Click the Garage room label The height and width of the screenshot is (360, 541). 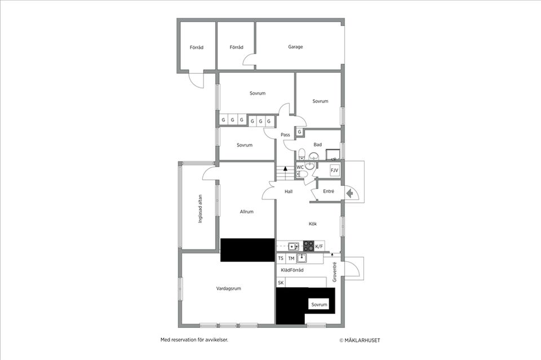[295, 47]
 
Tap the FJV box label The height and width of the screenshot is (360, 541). [334, 170]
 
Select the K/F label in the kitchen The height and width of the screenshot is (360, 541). [319, 246]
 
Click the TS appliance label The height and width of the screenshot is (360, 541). [281, 259]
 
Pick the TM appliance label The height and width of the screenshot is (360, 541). [291, 259]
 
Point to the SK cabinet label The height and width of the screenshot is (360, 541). [281, 283]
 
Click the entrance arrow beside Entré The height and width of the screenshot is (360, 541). [349, 194]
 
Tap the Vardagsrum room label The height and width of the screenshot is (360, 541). [229, 288]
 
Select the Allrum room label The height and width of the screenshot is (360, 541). [246, 212]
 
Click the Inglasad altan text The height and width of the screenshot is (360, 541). [199, 209]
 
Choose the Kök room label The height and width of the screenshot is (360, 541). [313, 224]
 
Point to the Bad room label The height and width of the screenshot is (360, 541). [318, 145]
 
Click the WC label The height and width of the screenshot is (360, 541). [300, 167]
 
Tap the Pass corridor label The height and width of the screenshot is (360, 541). [285, 135]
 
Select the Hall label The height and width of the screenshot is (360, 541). [289, 192]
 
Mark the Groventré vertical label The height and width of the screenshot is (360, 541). [334, 272]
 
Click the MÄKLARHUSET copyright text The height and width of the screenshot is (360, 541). [363, 340]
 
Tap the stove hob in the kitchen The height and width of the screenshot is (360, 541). [308, 246]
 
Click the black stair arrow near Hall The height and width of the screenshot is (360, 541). [285, 168]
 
